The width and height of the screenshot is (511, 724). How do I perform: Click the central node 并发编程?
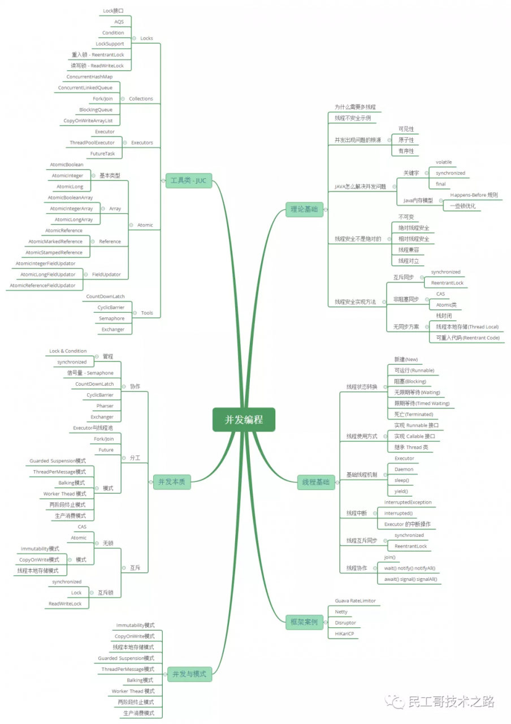[244, 419]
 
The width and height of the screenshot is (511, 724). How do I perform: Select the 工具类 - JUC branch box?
[189, 180]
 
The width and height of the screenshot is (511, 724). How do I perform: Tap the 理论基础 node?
[304, 209]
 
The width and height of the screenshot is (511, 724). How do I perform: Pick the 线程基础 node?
[315, 482]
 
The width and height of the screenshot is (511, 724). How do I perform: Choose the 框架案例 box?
[304, 622]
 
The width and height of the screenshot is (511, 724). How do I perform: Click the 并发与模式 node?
[189, 674]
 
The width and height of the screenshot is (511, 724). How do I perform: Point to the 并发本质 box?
[171, 482]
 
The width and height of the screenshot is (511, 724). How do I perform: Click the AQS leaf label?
[119, 21]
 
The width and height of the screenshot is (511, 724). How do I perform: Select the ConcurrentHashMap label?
[89, 76]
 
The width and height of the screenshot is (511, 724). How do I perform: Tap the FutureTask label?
[102, 153]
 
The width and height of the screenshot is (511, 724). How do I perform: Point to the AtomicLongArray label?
[73, 219]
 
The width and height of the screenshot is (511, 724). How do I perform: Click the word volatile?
[444, 162]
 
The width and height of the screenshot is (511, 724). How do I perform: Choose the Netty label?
[341, 611]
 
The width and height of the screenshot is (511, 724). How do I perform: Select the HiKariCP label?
[344, 633]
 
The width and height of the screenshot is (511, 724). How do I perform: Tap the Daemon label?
[404, 469]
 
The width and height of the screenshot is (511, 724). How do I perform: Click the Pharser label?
[105, 406]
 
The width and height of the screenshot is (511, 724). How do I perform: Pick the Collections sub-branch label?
[141, 98]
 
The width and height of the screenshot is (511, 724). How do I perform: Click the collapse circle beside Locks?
[134, 38]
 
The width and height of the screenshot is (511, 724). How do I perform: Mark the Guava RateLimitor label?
[355, 601]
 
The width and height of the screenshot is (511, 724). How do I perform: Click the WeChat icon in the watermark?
[395, 702]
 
